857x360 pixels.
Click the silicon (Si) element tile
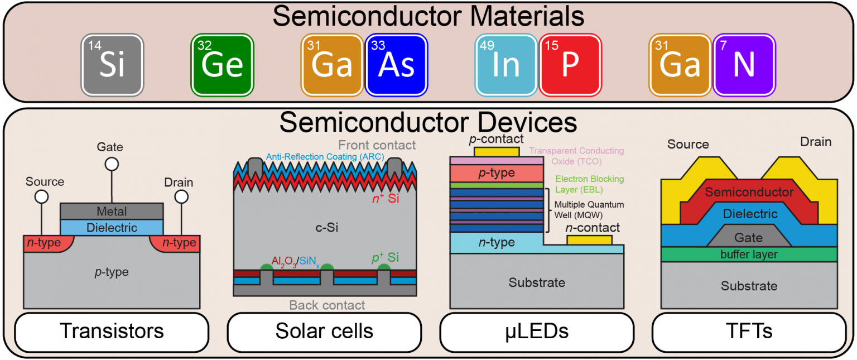click(x=112, y=65)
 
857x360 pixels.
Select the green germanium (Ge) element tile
click(x=222, y=65)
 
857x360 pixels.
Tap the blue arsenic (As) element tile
click(x=396, y=65)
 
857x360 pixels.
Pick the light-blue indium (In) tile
click(x=506, y=65)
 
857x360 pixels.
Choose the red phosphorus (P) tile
click(x=570, y=65)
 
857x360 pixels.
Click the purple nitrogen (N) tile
click(x=744, y=65)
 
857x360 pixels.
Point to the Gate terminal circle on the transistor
click(x=112, y=164)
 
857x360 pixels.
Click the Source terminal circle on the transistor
click(x=42, y=197)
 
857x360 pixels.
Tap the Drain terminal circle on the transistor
click(x=181, y=197)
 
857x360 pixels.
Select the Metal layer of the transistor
click(x=112, y=211)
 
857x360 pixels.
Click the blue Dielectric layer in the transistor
click(x=112, y=227)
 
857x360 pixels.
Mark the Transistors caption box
click(x=112, y=332)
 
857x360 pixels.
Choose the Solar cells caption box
click(x=324, y=332)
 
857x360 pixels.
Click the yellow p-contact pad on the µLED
click(x=497, y=152)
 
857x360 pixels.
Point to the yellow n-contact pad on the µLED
click(x=589, y=240)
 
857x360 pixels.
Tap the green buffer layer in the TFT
click(x=749, y=255)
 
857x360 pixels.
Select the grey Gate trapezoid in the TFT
click(x=749, y=236)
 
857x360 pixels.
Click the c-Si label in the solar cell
click(x=327, y=228)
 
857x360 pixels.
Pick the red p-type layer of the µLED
click(x=497, y=174)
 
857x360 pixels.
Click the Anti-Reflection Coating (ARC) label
click(x=325, y=156)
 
